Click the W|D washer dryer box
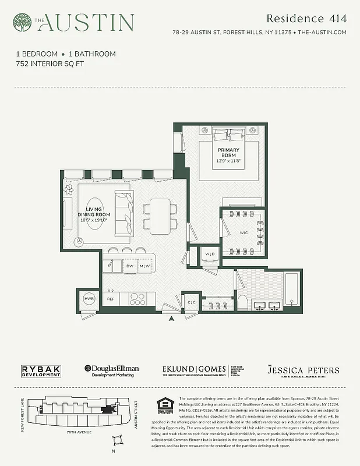(x=209, y=254)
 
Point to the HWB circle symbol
(x=89, y=298)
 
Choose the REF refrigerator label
(x=110, y=299)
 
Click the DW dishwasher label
(x=130, y=266)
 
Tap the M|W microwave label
(x=144, y=266)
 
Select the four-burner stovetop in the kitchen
(x=137, y=299)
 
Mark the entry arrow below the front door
(x=171, y=318)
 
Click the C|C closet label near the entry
(x=192, y=302)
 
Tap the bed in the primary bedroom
(x=228, y=153)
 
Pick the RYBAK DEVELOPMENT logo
(x=41, y=371)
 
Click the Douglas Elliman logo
(x=112, y=371)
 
